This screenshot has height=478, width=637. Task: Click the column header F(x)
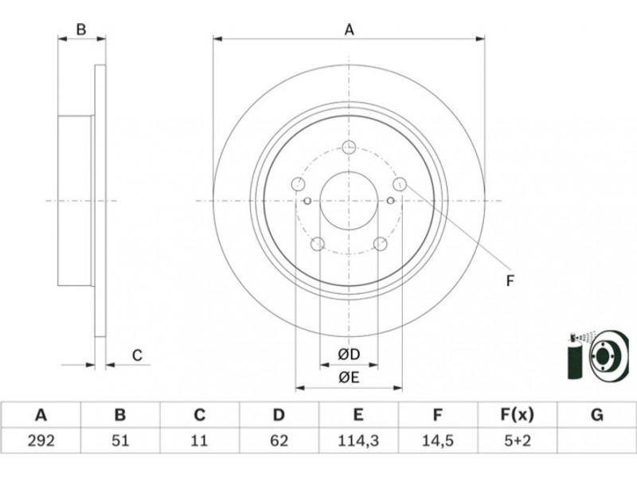[517, 414]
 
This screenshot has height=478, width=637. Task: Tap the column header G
[596, 414]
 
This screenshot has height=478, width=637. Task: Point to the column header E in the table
[358, 414]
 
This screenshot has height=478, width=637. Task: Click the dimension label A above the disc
[349, 29]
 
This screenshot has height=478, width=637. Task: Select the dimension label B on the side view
[80, 29]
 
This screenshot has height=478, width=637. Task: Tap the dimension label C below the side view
[137, 355]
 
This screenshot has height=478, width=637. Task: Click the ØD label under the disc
[348, 355]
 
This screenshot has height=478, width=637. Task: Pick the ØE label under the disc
[348, 378]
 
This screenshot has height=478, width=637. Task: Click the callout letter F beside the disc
[510, 280]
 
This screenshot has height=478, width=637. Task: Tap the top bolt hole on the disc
[349, 147]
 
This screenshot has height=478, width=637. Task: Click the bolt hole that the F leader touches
[400, 184]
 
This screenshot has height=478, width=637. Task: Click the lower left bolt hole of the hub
[318, 244]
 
